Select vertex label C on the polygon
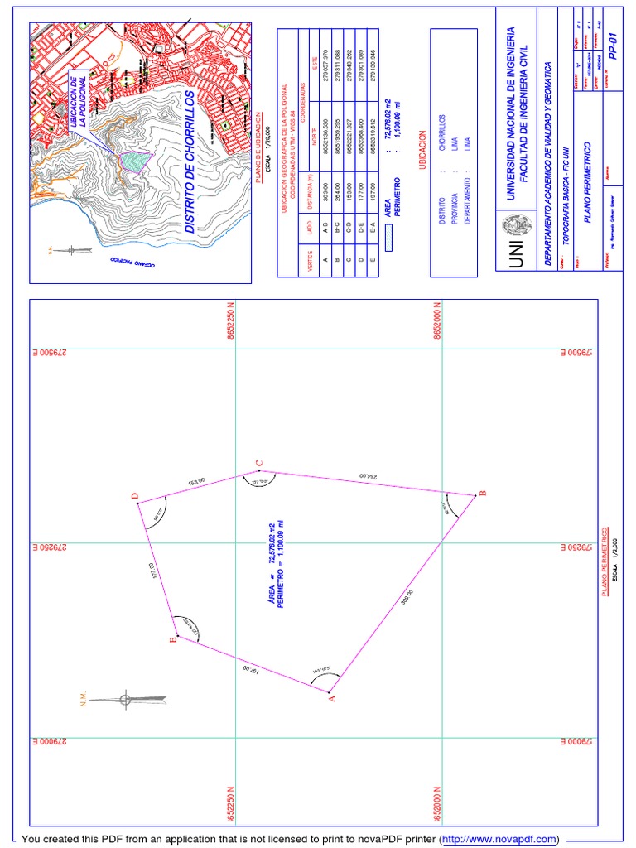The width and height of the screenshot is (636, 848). [259, 463]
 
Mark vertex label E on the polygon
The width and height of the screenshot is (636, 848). [173, 639]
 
